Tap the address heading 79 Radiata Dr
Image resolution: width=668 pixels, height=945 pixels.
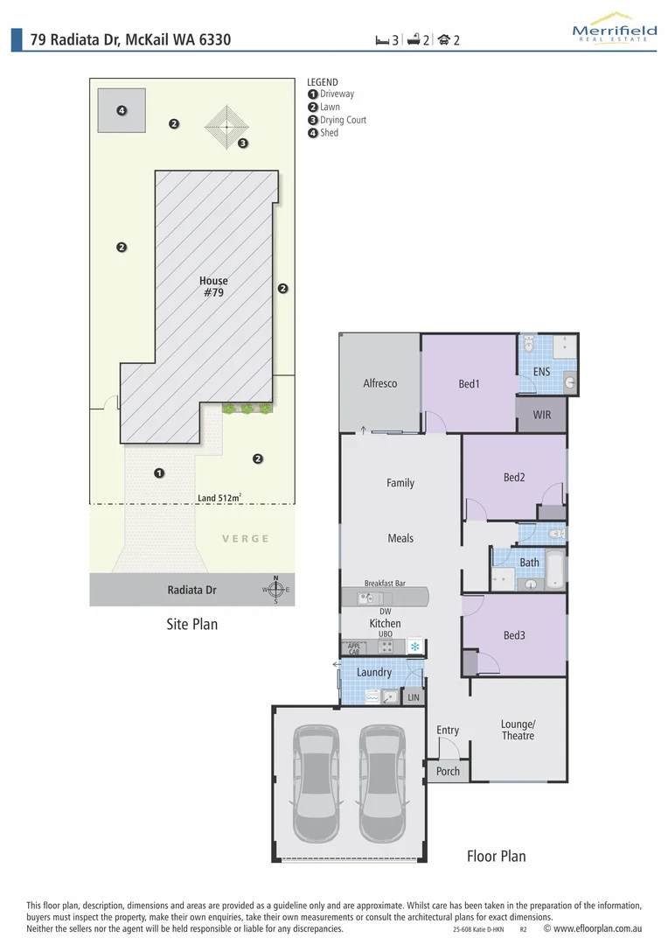(131, 39)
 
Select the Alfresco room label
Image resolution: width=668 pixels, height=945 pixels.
(380, 383)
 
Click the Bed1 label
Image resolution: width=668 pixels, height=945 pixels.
(469, 384)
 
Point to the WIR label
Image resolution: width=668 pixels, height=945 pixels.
(542, 415)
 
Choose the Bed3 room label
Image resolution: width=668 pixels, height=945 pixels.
(514, 635)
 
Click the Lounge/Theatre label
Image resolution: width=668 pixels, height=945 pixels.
(518, 730)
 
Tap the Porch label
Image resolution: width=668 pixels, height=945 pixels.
(448, 772)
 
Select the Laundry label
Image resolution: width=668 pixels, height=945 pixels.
(374, 673)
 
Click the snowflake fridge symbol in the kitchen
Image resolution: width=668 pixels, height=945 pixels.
(415, 647)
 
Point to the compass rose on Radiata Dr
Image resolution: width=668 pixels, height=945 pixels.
(276, 590)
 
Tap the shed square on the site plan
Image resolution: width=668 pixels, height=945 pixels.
(122, 111)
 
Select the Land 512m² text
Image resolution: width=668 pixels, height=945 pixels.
(219, 499)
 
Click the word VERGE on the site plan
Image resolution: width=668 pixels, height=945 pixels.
(246, 539)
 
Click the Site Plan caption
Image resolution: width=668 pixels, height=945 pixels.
(191, 625)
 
